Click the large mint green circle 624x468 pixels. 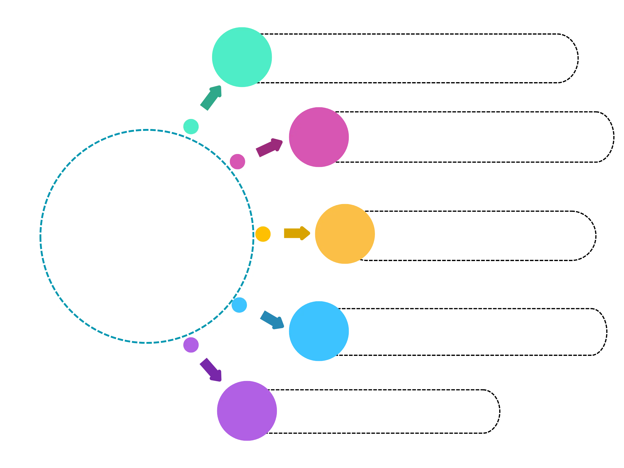[x=241, y=57]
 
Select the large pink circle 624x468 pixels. [x=319, y=137]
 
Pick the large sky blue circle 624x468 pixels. [x=319, y=331]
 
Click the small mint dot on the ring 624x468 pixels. [x=191, y=126]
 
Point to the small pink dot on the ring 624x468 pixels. [x=237, y=161]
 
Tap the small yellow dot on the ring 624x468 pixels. [x=263, y=234]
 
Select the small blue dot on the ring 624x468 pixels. [x=240, y=305]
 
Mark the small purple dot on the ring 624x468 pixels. [x=191, y=345]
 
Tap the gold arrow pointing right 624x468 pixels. [x=296, y=234]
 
